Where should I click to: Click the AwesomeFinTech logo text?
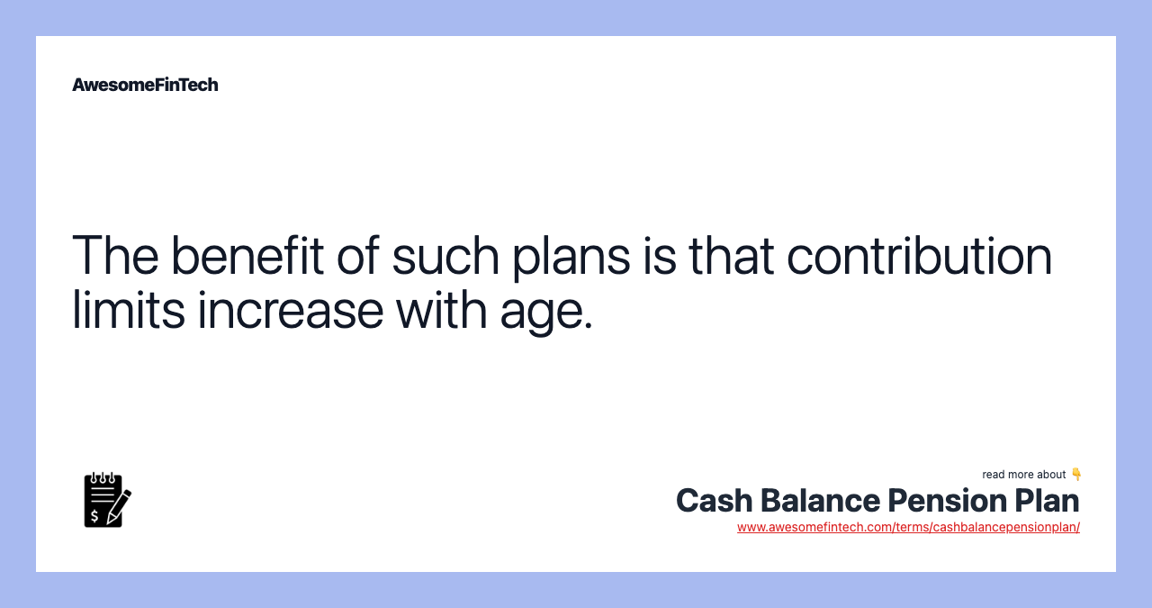(145, 85)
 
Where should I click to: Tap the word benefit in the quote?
(247, 255)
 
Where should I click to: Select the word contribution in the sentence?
(920, 255)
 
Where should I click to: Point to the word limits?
(128, 310)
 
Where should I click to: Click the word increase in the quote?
(291, 310)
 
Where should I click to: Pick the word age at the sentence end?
(546, 313)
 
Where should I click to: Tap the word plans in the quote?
(571, 258)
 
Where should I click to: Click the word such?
(445, 255)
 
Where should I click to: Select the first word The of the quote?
(115, 255)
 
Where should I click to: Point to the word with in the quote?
(441, 310)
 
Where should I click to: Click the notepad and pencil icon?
(107, 500)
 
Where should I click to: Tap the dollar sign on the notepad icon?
(94, 516)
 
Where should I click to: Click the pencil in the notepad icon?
(119, 507)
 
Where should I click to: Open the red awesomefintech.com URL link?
(908, 527)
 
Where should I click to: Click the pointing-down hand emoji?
(1076, 474)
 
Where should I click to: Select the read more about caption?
(1023, 475)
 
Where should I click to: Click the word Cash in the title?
(714, 501)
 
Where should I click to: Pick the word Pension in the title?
(948, 501)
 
